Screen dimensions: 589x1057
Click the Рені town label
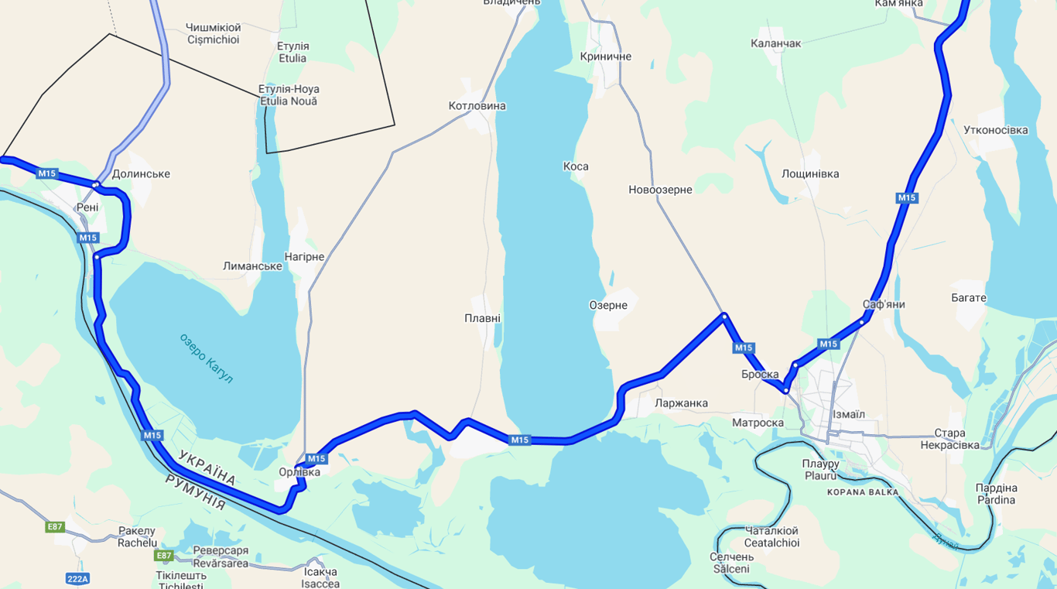[87, 207]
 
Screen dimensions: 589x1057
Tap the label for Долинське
[141, 174]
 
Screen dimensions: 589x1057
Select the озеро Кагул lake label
[206, 358]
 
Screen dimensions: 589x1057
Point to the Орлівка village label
[299, 472]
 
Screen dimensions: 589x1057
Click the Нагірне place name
[304, 257]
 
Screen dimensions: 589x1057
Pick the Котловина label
[477, 106]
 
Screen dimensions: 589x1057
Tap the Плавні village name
[482, 318]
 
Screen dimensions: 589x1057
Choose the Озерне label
[608, 306]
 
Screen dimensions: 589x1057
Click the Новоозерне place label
[660, 190]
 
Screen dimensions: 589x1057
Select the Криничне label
[606, 57]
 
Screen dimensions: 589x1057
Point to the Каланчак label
[776, 43]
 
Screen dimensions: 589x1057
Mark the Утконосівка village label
[996, 130]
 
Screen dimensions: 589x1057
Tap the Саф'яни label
[884, 304]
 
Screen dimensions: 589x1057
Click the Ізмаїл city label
[849, 415]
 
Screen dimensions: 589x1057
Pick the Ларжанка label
[681, 403]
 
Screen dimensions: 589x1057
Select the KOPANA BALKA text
[863, 492]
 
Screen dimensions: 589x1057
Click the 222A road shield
[78, 578]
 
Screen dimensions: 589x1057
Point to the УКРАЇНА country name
[207, 467]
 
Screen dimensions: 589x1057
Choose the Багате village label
[969, 298]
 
